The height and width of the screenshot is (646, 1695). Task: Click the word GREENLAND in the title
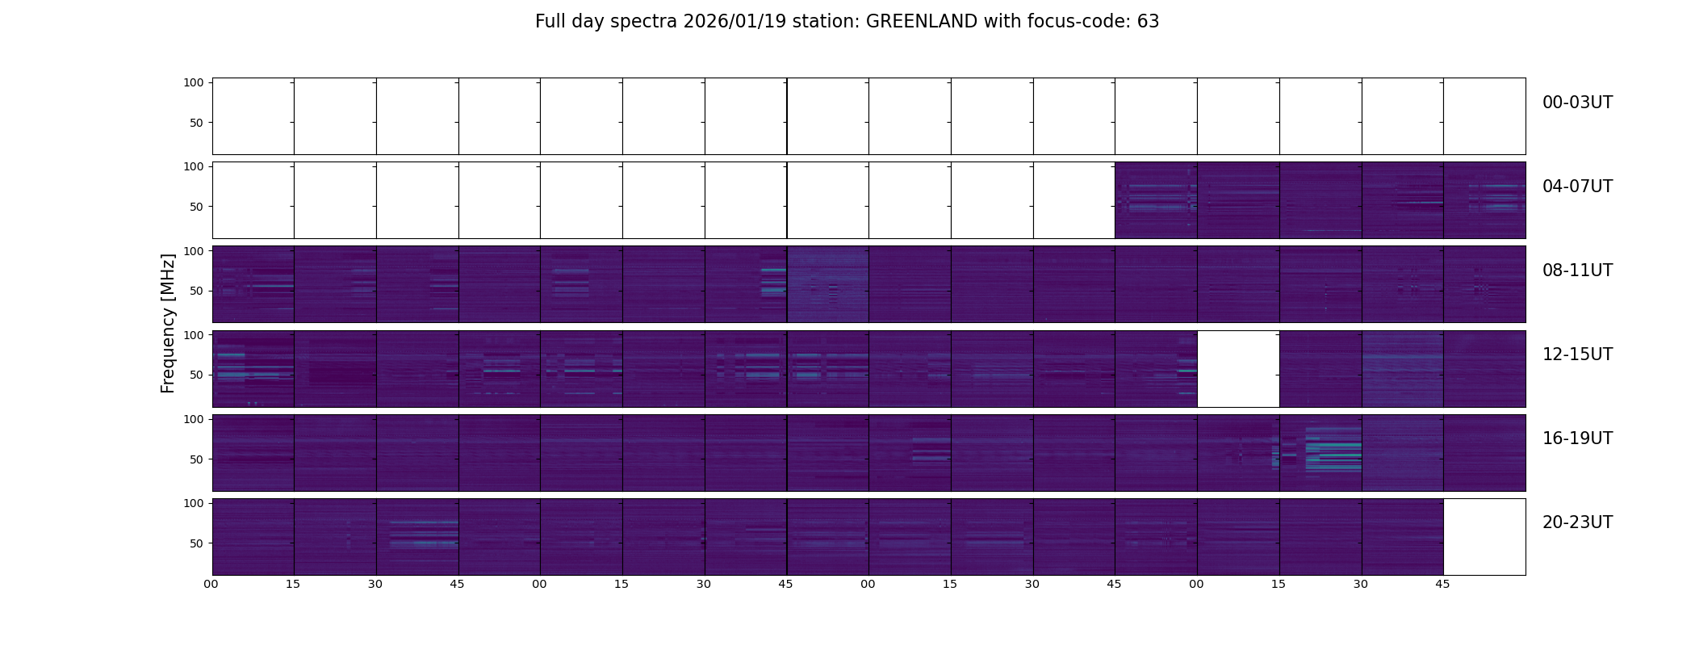coord(921,22)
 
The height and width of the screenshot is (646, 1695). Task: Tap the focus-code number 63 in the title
coord(1148,22)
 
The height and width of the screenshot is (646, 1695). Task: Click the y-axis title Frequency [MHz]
coord(168,323)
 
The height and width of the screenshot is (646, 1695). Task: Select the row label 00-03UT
coord(1577,103)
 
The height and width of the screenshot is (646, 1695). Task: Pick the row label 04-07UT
coord(1577,187)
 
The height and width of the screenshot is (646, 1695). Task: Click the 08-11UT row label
coord(1577,271)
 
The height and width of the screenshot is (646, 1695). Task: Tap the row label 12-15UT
coord(1577,354)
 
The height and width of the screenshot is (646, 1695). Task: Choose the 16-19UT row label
coord(1577,438)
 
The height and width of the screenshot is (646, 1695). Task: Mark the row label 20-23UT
coord(1577,522)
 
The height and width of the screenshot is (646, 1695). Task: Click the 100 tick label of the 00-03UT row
coord(193,83)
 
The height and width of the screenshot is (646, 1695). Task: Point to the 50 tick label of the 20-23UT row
coord(196,543)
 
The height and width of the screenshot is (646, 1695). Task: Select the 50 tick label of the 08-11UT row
coord(196,291)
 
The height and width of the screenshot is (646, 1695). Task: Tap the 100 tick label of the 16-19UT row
coord(193,419)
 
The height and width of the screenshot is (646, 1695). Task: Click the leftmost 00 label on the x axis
coord(211,584)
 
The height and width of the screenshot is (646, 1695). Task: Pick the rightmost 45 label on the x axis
coord(1442,584)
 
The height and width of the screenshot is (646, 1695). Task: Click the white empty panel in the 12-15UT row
coord(1238,369)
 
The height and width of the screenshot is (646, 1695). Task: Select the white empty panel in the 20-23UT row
coord(1484,537)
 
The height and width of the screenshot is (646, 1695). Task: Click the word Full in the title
coord(550,22)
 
